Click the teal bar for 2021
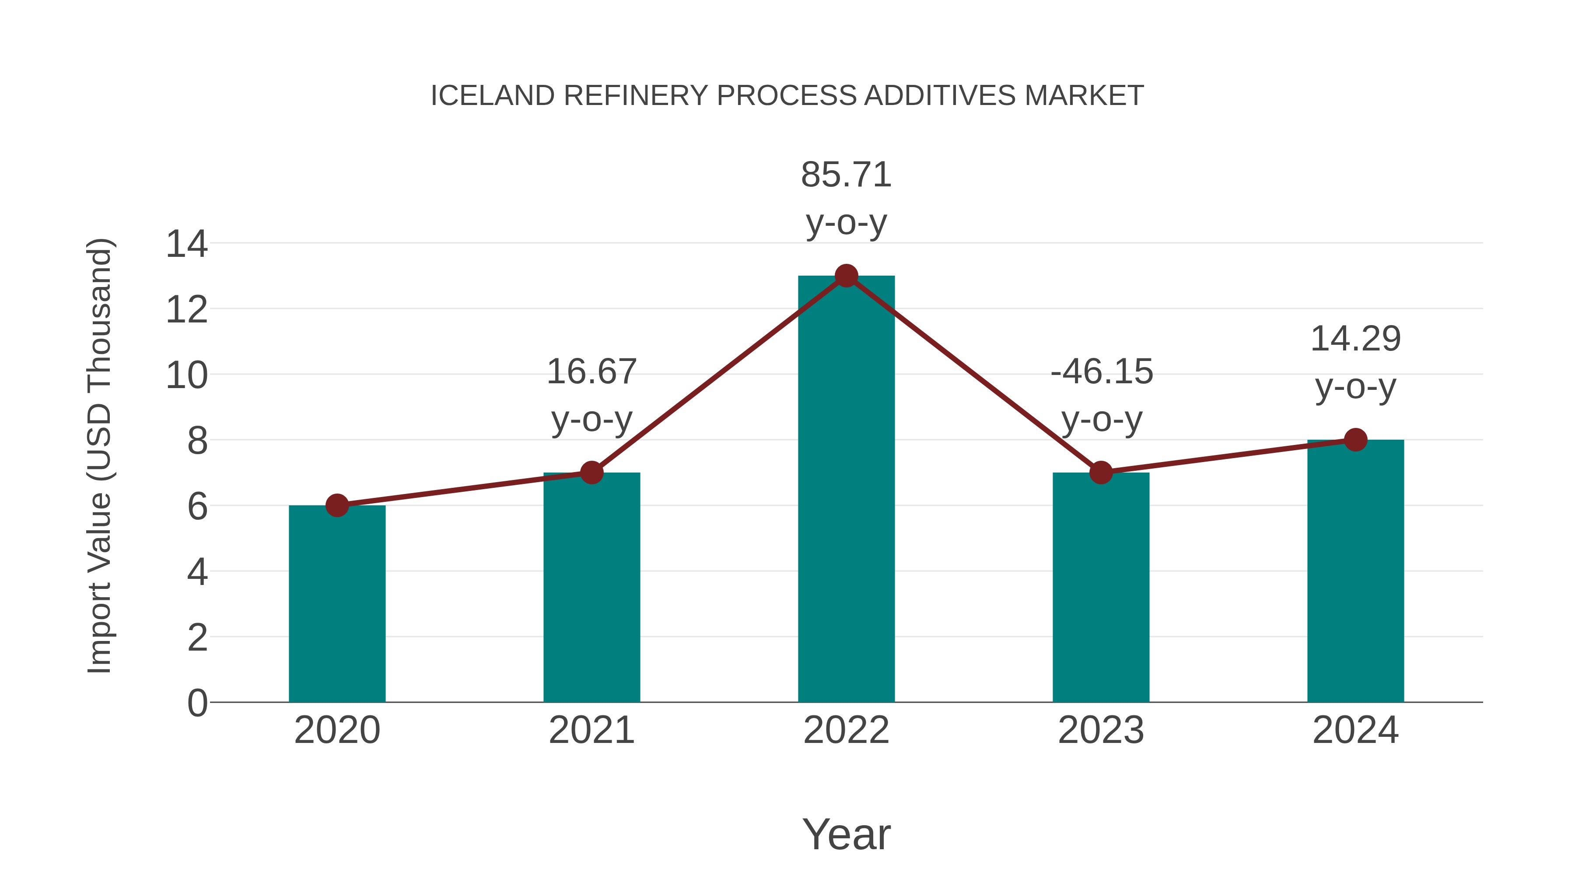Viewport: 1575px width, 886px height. (591, 587)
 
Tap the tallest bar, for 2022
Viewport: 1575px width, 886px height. (846, 489)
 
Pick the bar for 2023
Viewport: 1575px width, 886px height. (1101, 587)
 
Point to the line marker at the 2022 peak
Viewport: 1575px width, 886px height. (846, 276)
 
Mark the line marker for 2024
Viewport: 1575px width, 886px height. (1355, 440)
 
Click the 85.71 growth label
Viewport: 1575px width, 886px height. (846, 175)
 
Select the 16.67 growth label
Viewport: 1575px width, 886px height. (591, 372)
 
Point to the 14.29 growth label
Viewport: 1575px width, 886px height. (1355, 339)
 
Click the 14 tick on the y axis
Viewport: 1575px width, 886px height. (186, 244)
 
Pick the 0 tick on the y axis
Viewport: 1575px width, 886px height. (197, 703)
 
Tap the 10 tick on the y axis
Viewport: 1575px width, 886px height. (186, 375)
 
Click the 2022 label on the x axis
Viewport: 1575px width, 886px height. (846, 730)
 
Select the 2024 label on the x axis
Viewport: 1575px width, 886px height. (1355, 730)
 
